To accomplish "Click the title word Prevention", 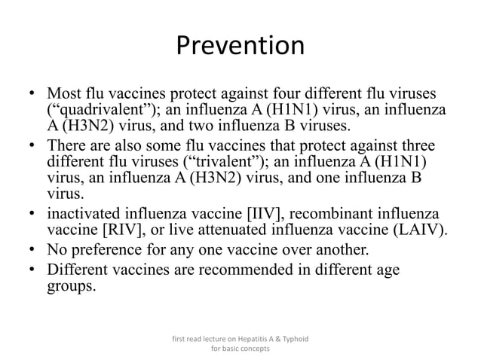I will click(x=240, y=47).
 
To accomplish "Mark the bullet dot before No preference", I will click(x=32, y=249).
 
